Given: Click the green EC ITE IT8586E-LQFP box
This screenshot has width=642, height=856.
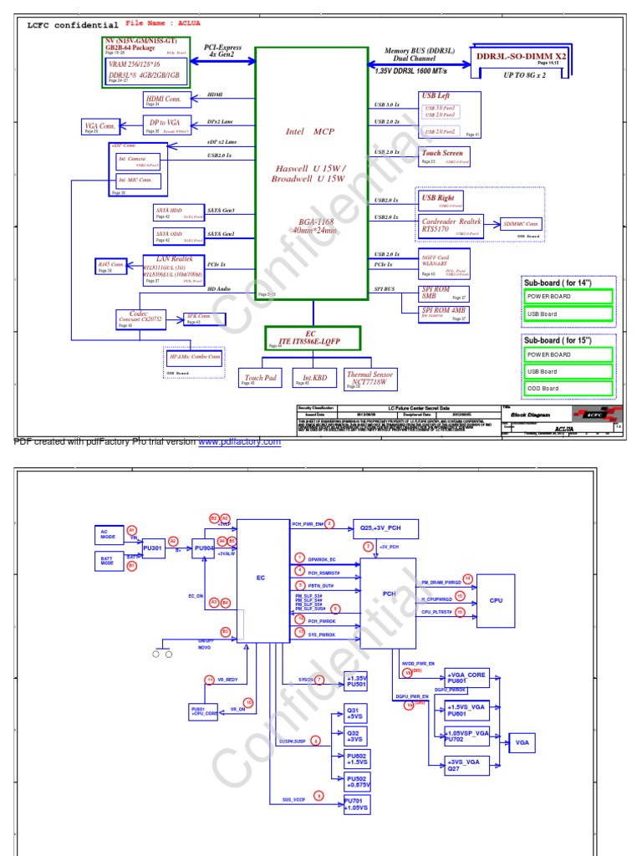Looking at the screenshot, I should coord(313,338).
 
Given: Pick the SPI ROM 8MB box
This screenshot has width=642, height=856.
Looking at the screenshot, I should coord(443,293).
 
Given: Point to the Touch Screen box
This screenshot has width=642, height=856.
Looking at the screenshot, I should coord(443,156).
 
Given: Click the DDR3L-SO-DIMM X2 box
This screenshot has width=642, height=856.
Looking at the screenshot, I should coord(521,56).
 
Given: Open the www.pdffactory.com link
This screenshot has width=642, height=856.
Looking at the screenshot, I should coord(239,442).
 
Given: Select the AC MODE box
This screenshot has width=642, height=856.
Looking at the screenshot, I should coord(109,535).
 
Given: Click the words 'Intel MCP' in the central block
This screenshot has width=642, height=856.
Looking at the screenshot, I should coord(310,131).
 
